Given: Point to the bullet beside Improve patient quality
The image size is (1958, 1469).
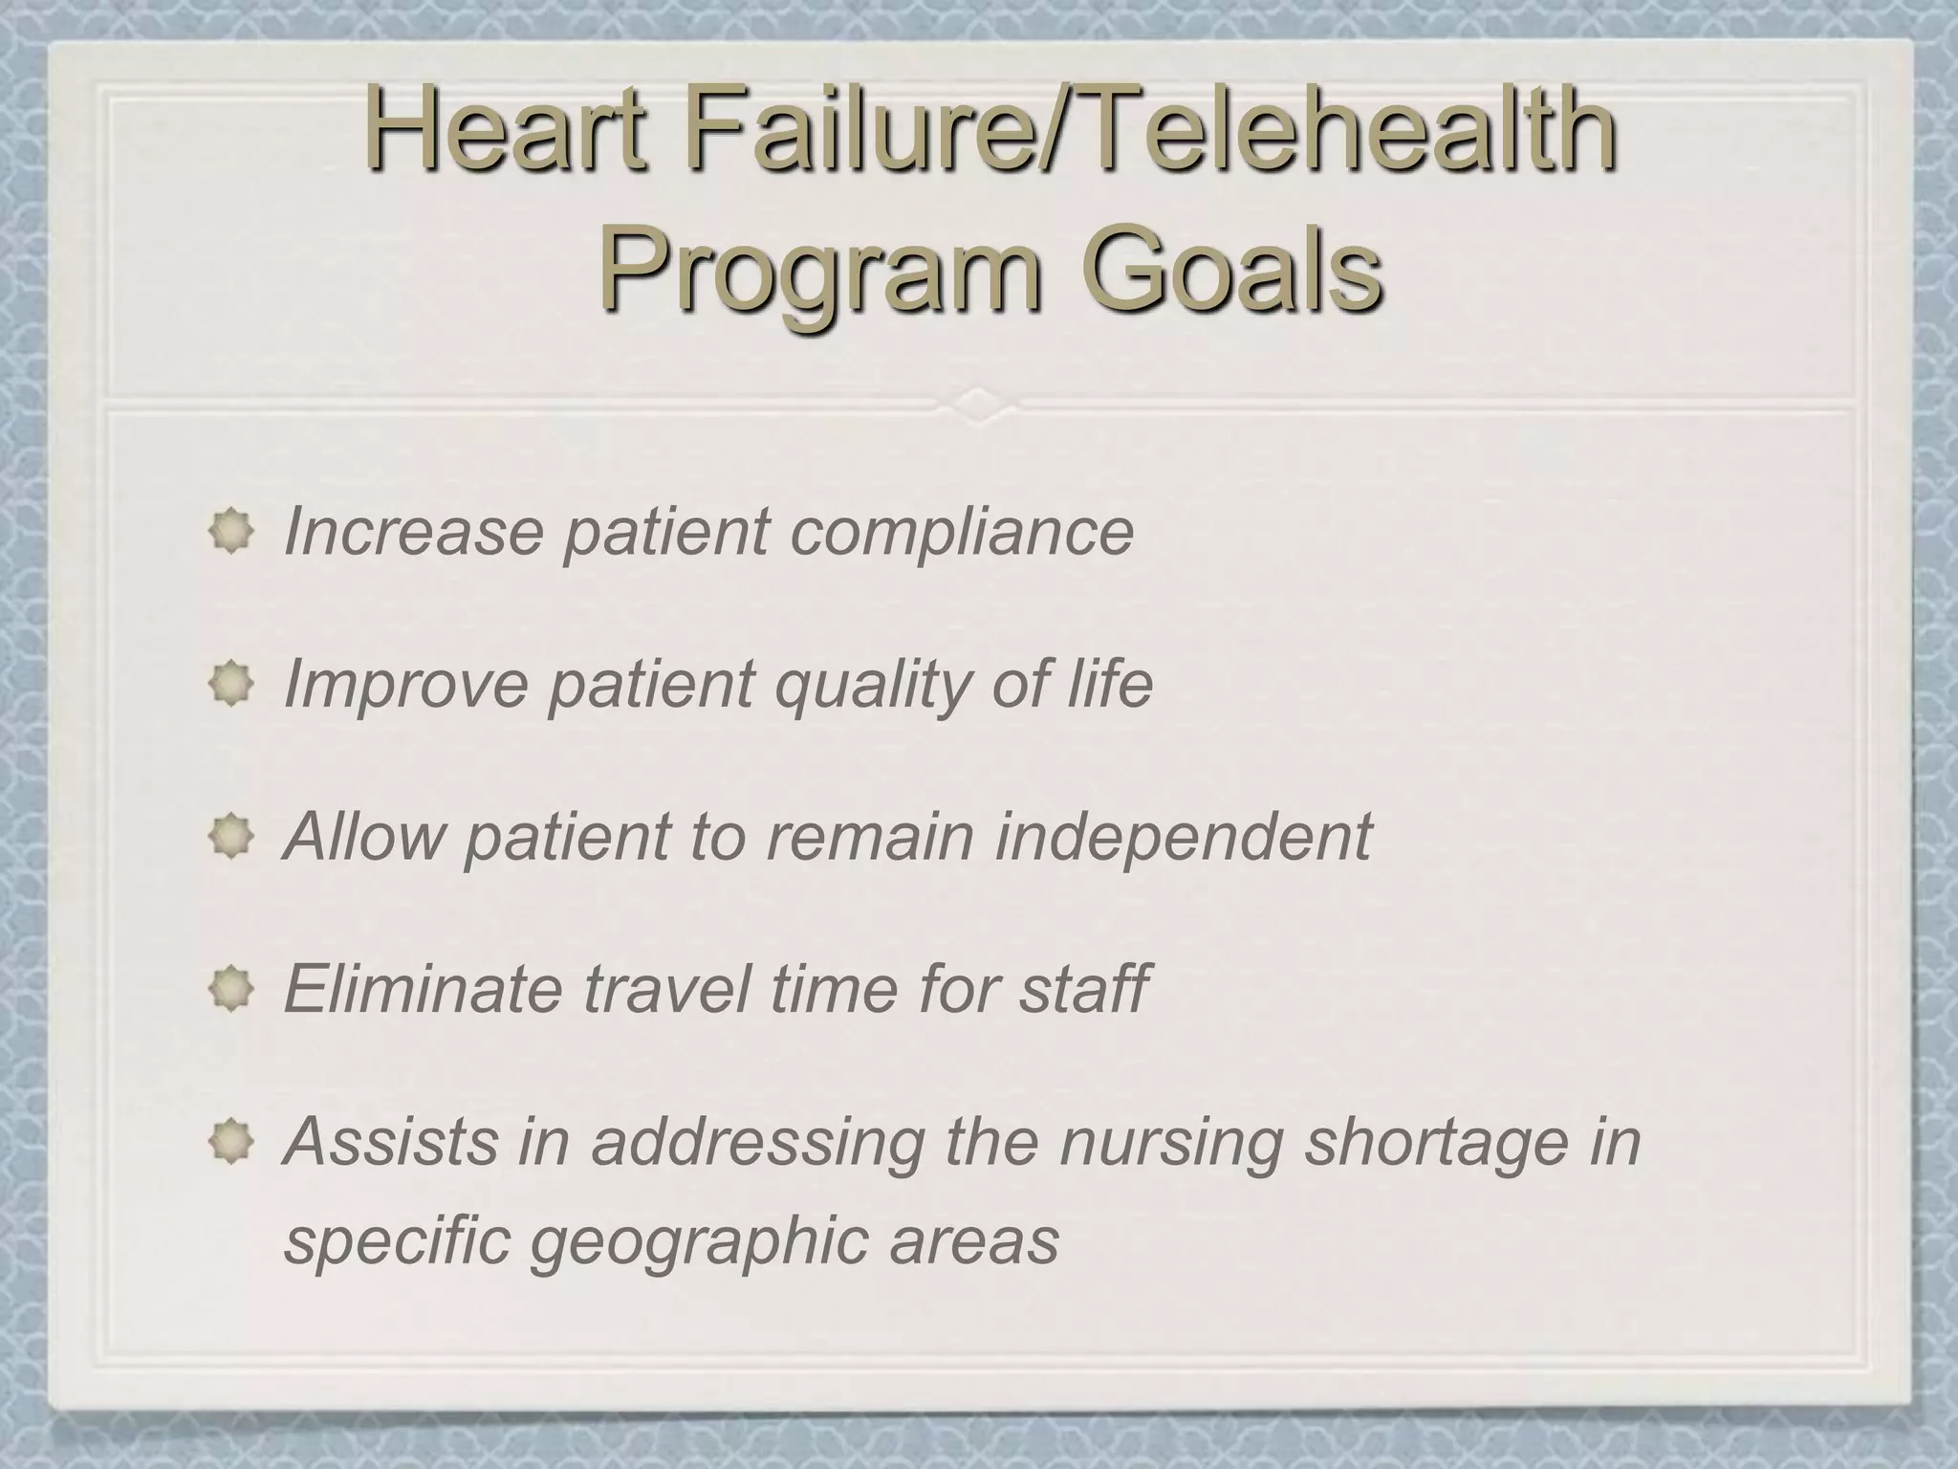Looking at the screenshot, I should click(230, 684).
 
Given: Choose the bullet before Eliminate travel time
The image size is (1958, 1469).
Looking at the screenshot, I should click(230, 988).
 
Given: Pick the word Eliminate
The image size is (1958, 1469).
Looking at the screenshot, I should click(422, 988).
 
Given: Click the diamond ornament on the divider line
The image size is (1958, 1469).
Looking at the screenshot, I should click(979, 405).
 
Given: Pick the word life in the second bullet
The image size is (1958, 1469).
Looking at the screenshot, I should click(1108, 683).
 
